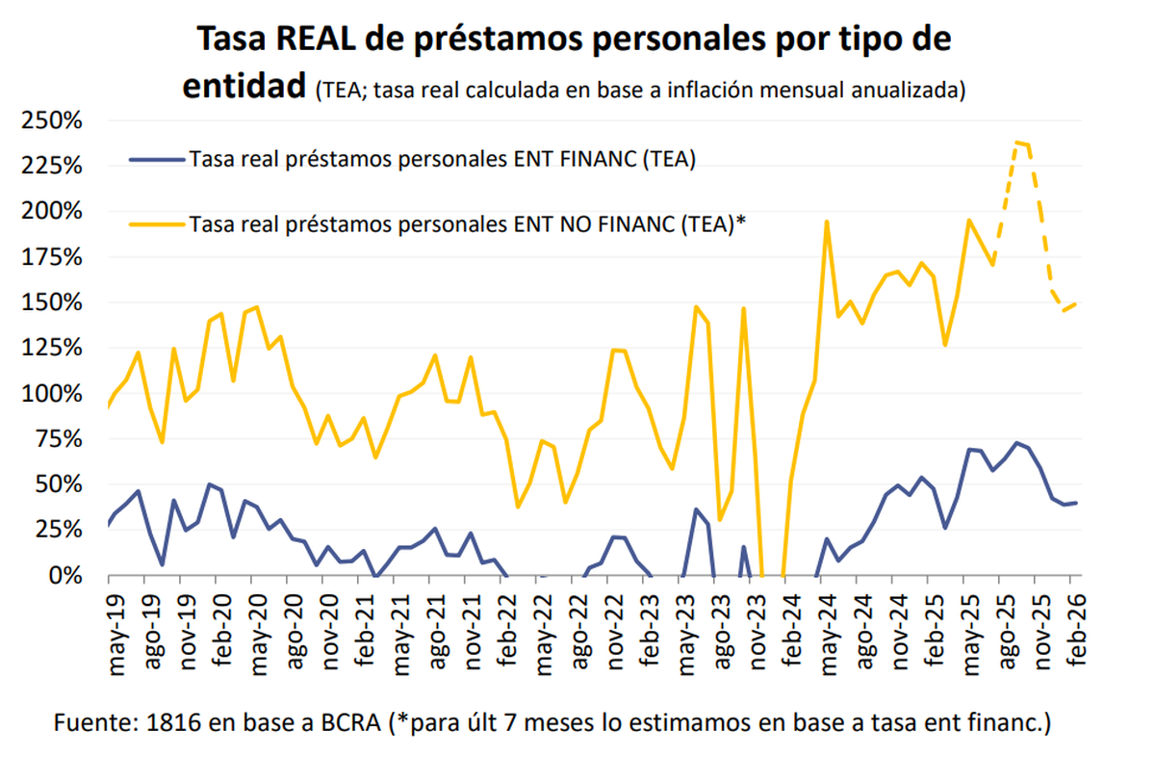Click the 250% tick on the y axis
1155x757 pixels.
(x=48, y=121)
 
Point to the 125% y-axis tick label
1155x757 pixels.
(x=48, y=348)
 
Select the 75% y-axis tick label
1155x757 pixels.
(x=56, y=439)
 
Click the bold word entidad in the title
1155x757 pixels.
(x=244, y=85)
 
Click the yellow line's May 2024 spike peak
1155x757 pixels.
(x=827, y=222)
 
